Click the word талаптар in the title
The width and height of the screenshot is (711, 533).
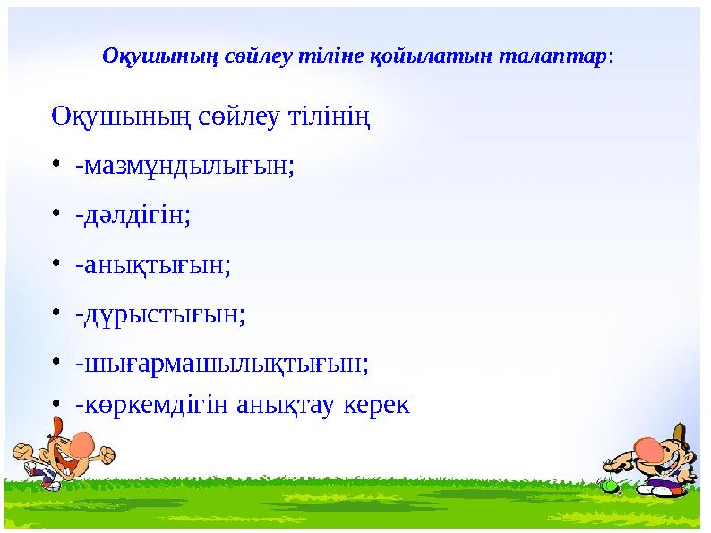tap(560, 56)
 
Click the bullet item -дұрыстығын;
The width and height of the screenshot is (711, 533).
tap(159, 314)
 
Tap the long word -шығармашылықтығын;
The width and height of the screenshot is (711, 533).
tap(222, 364)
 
